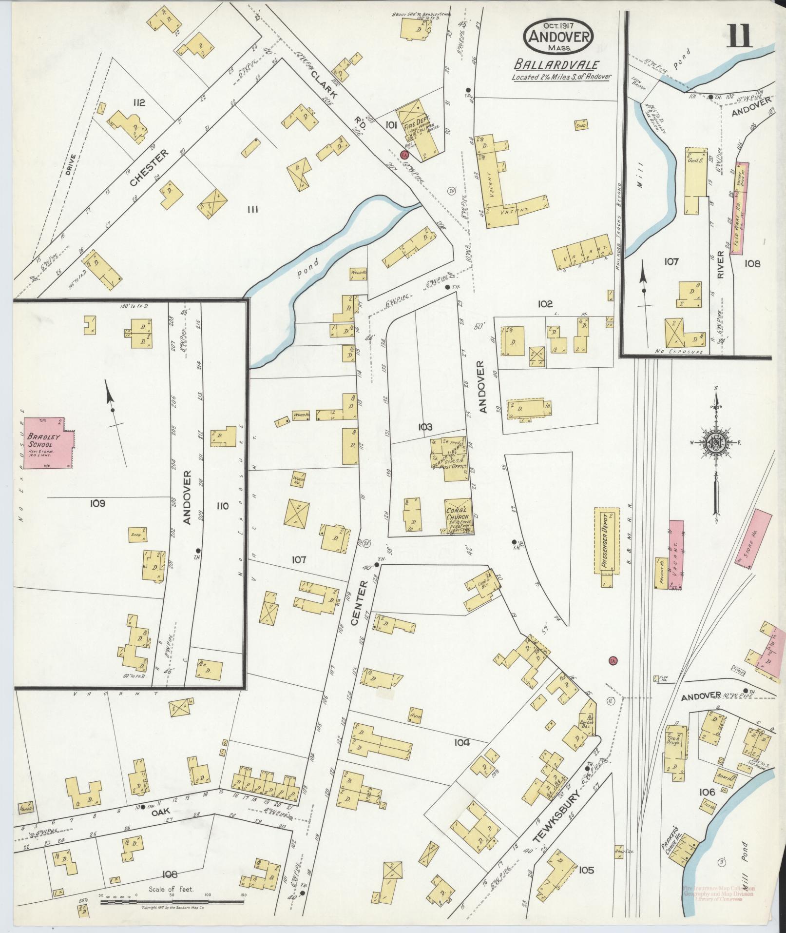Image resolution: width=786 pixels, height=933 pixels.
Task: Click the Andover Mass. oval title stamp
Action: pos(558,38)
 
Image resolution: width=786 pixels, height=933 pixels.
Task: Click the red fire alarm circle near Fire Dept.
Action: pos(404,155)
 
